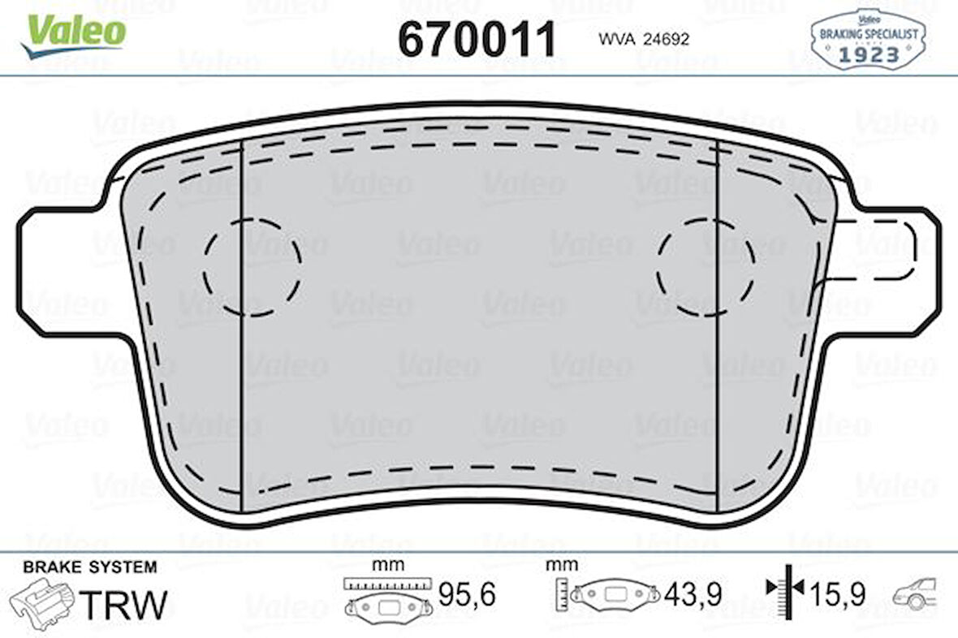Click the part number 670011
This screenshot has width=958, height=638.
(x=477, y=38)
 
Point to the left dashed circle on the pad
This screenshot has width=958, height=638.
(x=252, y=266)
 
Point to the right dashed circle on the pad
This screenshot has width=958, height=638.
(x=706, y=266)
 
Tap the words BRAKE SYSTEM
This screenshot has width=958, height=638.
(x=90, y=567)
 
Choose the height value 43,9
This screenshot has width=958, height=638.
(x=693, y=596)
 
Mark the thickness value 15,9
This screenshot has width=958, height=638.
(x=836, y=596)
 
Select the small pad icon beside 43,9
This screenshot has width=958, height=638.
(x=614, y=594)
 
